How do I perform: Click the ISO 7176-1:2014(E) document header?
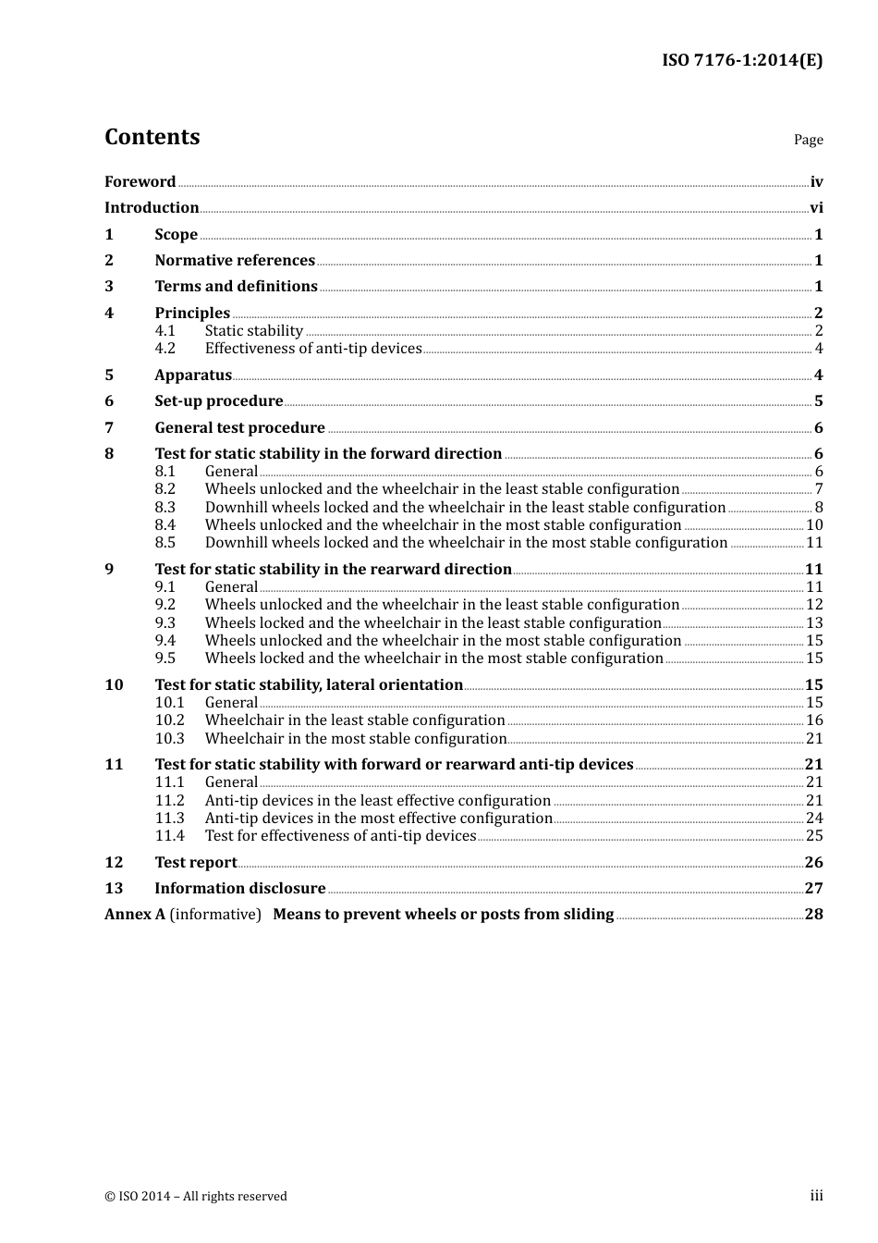(x=741, y=61)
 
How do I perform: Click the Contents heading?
(x=152, y=137)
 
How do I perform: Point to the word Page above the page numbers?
(x=808, y=140)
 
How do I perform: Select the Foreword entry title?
(x=140, y=182)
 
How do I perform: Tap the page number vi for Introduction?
(x=816, y=208)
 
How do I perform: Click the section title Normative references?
(x=235, y=261)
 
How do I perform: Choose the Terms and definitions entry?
(x=236, y=287)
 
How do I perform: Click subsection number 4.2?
(x=165, y=349)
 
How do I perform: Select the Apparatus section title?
(x=193, y=375)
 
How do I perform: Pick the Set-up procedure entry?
(x=219, y=401)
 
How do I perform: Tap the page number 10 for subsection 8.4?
(x=814, y=525)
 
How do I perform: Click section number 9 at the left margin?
(x=109, y=570)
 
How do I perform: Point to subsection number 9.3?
(x=165, y=623)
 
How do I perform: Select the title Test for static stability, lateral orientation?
(x=309, y=685)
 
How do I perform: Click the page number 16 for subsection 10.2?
(x=814, y=720)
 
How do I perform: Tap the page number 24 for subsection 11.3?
(x=814, y=818)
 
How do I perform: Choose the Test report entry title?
(x=196, y=863)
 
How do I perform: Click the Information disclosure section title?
(x=240, y=889)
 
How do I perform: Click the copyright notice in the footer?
(x=196, y=1197)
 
